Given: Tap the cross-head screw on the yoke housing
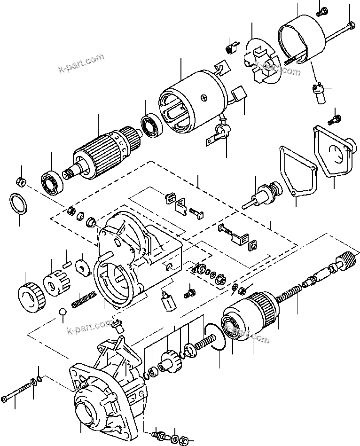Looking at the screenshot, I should point(203,97).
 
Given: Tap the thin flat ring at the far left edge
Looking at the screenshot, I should point(18,204).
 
